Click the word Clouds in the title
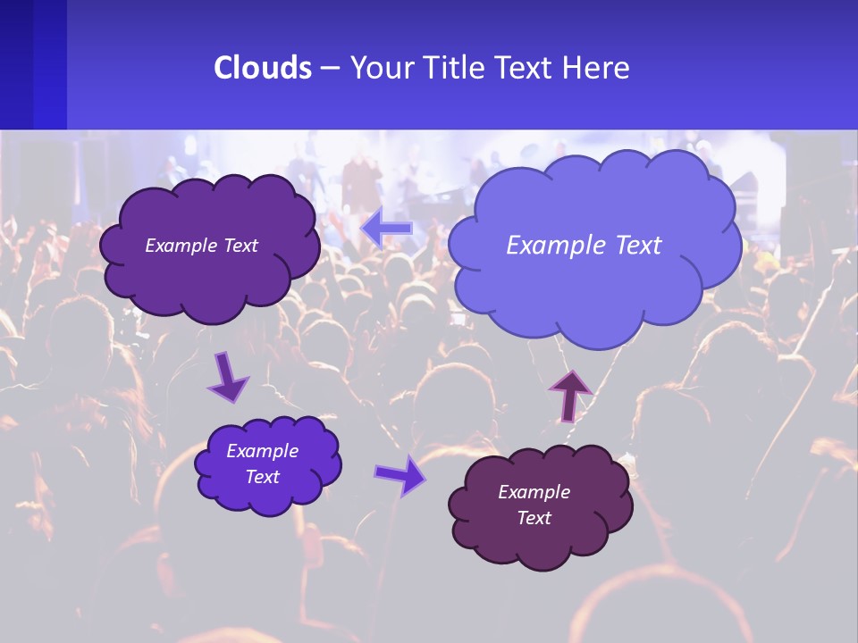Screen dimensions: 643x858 coord(262,68)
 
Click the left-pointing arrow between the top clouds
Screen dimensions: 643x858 coord(387,228)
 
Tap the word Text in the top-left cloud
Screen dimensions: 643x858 coord(240,246)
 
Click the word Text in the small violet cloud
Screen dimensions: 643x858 coord(263,477)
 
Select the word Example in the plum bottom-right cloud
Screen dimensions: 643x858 coord(534,492)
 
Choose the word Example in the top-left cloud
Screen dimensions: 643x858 coord(181,246)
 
